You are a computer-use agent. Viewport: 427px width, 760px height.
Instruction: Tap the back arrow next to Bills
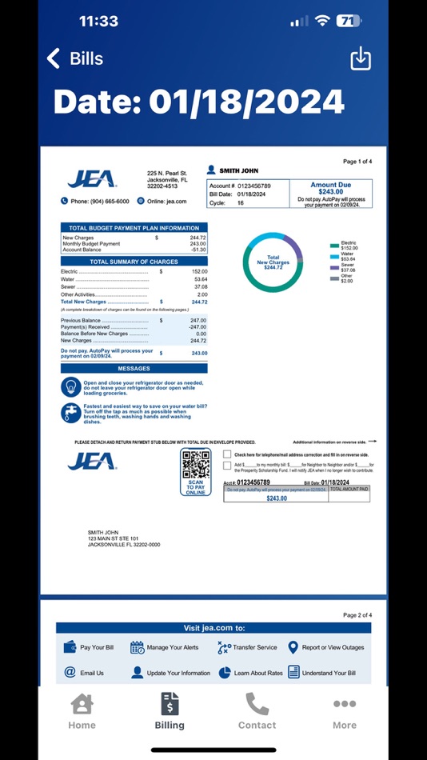54,58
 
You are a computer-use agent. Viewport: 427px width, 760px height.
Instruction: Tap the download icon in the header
361,58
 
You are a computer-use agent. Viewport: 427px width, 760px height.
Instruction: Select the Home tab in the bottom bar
82,711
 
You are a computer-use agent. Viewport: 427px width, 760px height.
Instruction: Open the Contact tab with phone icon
257,711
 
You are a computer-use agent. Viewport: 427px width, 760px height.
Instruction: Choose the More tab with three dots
345,711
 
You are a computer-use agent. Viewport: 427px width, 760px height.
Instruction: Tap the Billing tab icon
170,704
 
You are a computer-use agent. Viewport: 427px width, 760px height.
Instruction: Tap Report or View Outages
325,647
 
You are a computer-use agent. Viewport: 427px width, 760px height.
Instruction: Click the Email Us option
84,673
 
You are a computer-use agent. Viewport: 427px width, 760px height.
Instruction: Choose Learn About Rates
250,673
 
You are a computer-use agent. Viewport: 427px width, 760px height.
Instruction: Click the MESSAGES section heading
134,369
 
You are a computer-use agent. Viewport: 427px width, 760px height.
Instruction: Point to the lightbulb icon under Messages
71,387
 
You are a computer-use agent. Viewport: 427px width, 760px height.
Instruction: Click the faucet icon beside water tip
71,413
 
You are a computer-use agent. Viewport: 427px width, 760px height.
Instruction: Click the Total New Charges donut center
273,262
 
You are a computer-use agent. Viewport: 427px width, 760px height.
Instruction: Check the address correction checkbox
228,454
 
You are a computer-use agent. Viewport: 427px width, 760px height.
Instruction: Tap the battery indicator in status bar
349,22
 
